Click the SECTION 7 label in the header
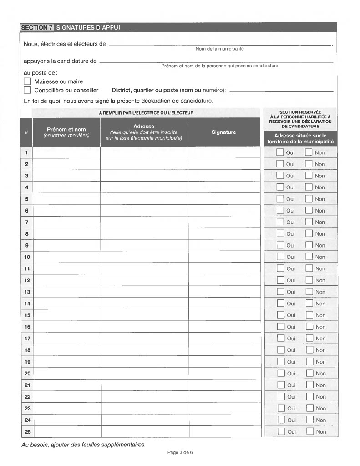[x=37, y=28]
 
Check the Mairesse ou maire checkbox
[x=27, y=81]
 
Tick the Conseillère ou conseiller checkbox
[x=27, y=90]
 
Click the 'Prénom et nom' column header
[x=66, y=132]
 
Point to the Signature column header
[x=224, y=132]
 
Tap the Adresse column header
[x=144, y=132]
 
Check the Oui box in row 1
[x=280, y=152]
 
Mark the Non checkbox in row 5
[x=309, y=199]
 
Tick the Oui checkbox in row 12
[x=281, y=280]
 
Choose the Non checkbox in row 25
[x=310, y=432]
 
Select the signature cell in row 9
[x=224, y=245]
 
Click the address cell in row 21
[x=144, y=385]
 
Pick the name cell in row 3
[x=67, y=176]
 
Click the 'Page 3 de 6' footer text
[x=180, y=452]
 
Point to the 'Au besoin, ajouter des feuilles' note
[x=84, y=444]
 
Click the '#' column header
[x=27, y=132]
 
